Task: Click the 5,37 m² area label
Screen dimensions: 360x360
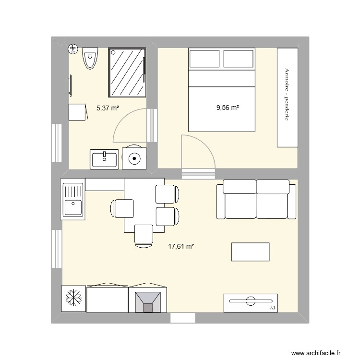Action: coord(108,108)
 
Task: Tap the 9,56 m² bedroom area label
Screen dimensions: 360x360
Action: coord(228,108)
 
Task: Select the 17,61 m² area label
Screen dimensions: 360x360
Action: coord(181,247)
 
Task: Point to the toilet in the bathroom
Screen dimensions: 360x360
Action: coord(89,58)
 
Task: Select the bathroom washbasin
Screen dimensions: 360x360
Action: coord(104,158)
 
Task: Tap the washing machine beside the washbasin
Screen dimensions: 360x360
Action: coord(134,158)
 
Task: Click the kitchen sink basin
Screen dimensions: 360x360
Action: coord(72,208)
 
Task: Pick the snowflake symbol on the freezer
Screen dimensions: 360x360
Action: coord(73,299)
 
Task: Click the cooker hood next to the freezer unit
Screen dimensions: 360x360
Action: coord(148,300)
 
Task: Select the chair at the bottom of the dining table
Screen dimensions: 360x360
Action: coord(144,235)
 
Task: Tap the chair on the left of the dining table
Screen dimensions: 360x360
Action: coord(123,209)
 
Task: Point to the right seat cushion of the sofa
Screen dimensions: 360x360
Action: coord(272,199)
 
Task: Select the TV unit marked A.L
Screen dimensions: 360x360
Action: coord(250,302)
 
